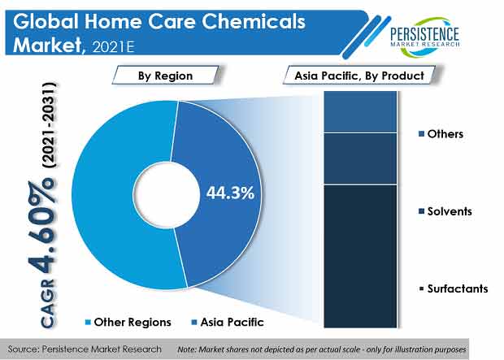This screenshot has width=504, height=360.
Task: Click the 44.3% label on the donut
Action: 230,193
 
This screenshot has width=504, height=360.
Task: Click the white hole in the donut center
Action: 167,195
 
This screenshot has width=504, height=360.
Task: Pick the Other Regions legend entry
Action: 128,322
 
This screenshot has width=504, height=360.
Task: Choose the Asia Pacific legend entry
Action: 228,322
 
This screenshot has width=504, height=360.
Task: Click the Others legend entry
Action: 441,134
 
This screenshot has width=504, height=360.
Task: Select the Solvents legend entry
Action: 445,211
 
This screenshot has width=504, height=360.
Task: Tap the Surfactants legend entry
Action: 454,288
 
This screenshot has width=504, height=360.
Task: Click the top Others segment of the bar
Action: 360,111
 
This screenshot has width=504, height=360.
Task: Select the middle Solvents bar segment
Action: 360,158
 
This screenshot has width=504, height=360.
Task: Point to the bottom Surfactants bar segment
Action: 360,257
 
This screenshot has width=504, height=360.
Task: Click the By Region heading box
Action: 166,76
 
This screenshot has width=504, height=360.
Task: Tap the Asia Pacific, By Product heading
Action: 359,76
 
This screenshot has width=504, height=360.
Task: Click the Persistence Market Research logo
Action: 424,37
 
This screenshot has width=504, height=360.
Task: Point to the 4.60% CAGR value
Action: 41,228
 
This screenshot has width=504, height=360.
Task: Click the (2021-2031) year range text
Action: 49,125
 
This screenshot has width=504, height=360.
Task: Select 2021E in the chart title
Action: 113,47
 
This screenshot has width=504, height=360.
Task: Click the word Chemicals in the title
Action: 254,21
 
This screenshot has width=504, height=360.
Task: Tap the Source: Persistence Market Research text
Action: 85,349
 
